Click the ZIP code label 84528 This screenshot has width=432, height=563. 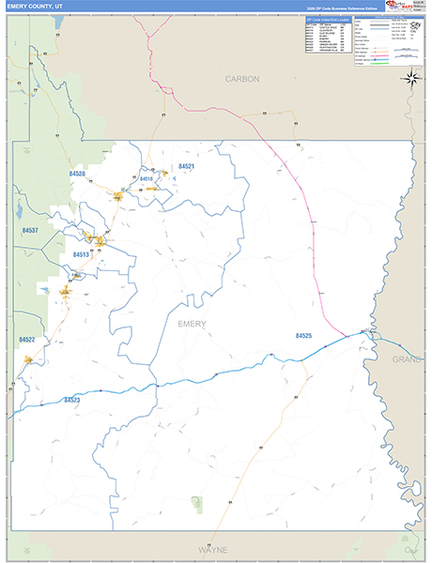pyautogui.click(x=77, y=174)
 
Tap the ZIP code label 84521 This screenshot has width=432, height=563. pyautogui.click(x=186, y=166)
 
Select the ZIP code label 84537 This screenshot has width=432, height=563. pyautogui.click(x=30, y=230)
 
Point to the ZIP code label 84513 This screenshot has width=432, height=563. pyautogui.click(x=82, y=254)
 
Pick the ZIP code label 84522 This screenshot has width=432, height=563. pyautogui.click(x=26, y=340)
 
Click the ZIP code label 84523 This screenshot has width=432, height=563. pyautogui.click(x=72, y=401)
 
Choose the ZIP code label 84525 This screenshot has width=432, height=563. pyautogui.click(x=303, y=335)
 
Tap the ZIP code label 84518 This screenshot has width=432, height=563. pyautogui.click(x=146, y=178)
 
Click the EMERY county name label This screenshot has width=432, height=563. pyautogui.click(x=192, y=324)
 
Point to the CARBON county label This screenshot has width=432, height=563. pyautogui.click(x=241, y=80)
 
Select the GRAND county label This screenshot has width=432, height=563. pyautogui.click(x=407, y=358)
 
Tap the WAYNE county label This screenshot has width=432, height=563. pyautogui.click(x=213, y=549)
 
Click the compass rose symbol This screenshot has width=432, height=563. pyautogui.click(x=410, y=78)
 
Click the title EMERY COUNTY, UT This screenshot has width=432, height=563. pyautogui.click(x=38, y=6)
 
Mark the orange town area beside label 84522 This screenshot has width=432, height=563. pyautogui.click(x=29, y=358)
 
